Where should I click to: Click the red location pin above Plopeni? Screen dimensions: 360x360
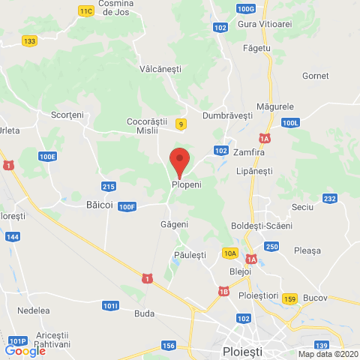178,161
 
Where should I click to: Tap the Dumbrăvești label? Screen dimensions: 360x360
226,116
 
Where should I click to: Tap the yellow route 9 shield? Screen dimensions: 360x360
180,124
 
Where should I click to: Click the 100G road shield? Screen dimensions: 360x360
244,8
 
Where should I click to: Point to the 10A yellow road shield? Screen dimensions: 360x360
229,253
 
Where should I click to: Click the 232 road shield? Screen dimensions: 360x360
329,198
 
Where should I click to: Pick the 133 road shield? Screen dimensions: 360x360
30,41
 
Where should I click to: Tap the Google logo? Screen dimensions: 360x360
25,350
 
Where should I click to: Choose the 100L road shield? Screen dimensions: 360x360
291,121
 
